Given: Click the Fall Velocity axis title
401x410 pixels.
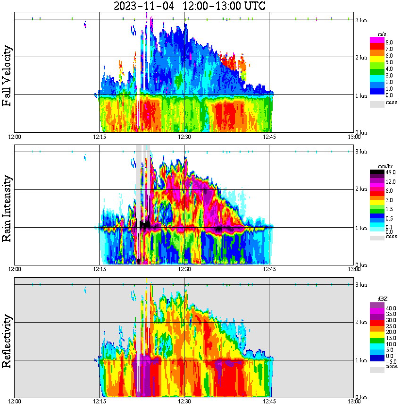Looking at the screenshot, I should click(7, 76).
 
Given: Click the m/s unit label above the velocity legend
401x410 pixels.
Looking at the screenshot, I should click(382, 34).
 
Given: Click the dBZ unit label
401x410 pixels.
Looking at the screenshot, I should click(382, 299).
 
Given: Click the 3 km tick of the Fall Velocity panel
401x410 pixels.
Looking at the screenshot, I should click(361, 19).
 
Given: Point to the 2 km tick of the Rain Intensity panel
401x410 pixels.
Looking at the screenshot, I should click(361, 189).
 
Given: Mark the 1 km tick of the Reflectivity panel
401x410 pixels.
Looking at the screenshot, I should click(361, 360).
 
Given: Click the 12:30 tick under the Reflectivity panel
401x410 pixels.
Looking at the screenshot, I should click(184, 401).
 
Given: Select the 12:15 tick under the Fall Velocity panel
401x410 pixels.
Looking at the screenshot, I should click(99, 137).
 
